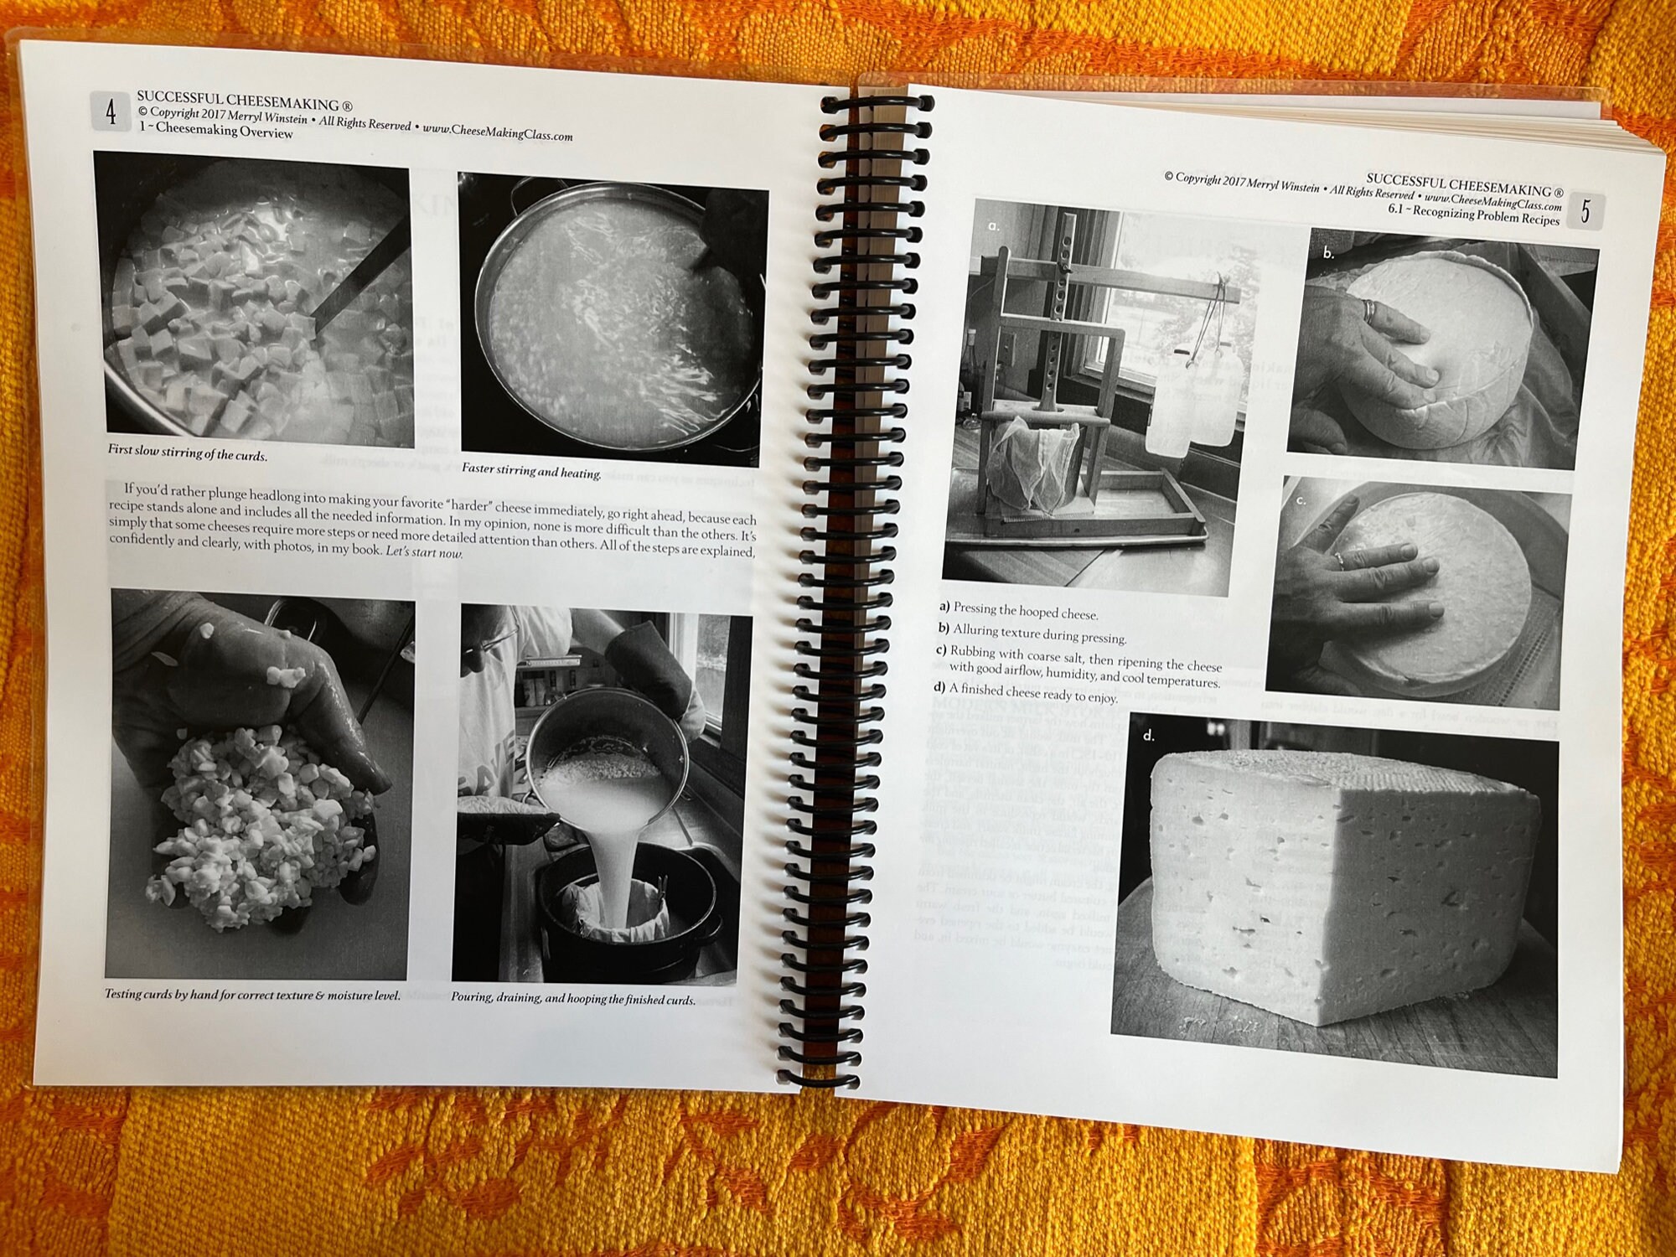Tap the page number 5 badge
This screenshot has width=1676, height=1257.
click(1585, 211)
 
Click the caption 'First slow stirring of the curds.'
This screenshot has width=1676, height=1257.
click(187, 453)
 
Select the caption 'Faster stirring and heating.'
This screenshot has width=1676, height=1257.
click(531, 472)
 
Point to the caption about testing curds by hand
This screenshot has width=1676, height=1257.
click(252, 996)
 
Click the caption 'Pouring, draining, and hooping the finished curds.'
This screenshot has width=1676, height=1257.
click(573, 999)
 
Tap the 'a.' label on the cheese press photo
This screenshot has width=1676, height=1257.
click(994, 225)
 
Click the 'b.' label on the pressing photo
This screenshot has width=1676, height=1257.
click(1328, 253)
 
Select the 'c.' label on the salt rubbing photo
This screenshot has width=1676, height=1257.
click(1301, 501)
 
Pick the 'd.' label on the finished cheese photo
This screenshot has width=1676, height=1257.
click(1148, 736)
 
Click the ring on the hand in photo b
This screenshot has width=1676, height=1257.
click(1368, 311)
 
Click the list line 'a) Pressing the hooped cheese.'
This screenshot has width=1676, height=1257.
click(1018, 610)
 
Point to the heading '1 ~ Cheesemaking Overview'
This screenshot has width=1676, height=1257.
click(215, 130)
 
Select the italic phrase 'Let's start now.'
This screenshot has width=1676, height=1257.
click(424, 553)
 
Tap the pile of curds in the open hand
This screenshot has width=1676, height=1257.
click(251, 830)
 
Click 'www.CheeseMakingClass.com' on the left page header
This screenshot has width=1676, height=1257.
click(497, 132)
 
